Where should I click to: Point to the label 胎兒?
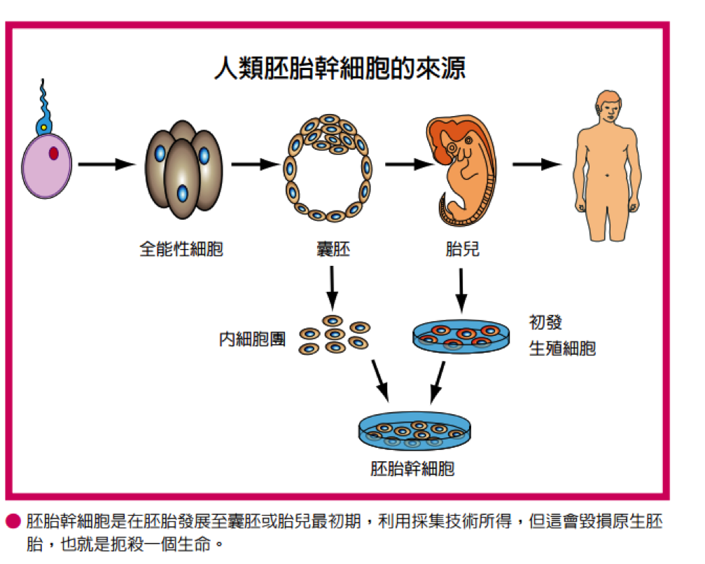tap(462, 248)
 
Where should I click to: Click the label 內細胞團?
tap(252, 339)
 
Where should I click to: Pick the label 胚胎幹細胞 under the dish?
tap(412, 468)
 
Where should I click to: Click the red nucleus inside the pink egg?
tap(54, 153)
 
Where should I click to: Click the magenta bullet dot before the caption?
tap(13, 521)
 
